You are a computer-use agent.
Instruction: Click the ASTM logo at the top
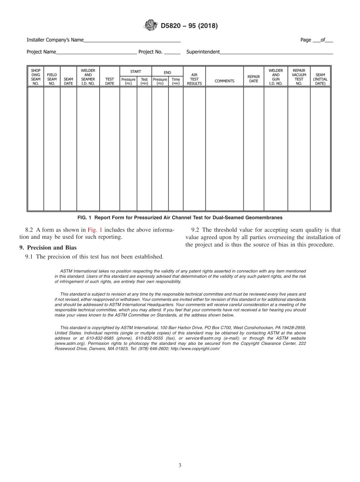tap(150, 26)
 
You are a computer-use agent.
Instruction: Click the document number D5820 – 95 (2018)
tap(189, 26)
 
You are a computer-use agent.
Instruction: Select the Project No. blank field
tap(172, 52)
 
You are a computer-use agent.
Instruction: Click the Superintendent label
tap(203, 52)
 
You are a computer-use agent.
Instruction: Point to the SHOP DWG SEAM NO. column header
tap(36, 77)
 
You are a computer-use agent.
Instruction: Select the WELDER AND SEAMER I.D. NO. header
tap(88, 77)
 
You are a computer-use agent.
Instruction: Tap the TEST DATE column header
tap(110, 81)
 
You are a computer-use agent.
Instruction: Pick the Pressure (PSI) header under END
tap(160, 81)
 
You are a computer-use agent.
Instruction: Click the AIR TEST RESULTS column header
tap(194, 79)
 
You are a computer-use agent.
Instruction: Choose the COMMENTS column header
tap(224, 81)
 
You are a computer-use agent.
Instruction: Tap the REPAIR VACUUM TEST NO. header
tap(299, 77)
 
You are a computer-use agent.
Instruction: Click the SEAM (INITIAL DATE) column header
tap(320, 79)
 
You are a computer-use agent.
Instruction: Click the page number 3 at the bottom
tap(180, 466)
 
